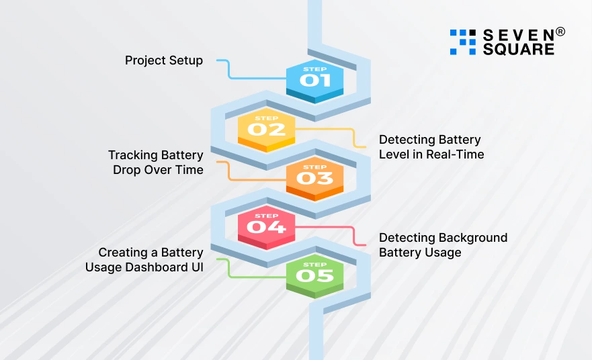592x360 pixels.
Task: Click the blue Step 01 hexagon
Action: (x=315, y=80)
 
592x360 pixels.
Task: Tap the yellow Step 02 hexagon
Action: (x=267, y=128)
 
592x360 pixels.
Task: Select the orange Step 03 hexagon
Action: (x=315, y=177)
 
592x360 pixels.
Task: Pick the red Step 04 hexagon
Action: (x=267, y=226)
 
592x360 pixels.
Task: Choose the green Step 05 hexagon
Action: (x=315, y=275)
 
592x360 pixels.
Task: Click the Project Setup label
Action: (x=163, y=60)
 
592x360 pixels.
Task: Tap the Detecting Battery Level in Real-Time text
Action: (x=431, y=147)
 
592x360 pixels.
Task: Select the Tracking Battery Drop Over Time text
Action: (x=156, y=163)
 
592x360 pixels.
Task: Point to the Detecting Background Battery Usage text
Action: (x=443, y=245)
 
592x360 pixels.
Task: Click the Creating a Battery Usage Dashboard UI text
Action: (x=144, y=260)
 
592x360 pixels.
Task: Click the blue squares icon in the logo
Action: (x=462, y=42)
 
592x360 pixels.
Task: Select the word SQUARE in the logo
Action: (x=519, y=49)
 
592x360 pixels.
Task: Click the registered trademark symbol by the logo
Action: (x=560, y=32)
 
